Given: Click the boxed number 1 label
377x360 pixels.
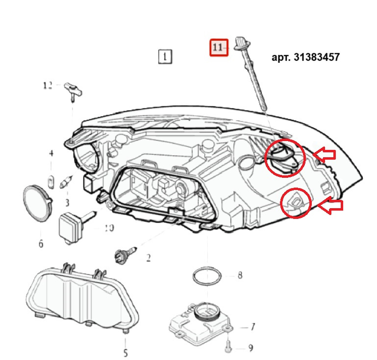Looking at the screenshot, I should pos(165,57).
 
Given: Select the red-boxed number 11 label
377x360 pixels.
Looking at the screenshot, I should pos(219,47).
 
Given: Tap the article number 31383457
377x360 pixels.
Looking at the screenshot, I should pos(305,57).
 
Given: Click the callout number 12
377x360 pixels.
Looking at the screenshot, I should pos(48,86).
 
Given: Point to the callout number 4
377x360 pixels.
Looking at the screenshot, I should pos(50,154).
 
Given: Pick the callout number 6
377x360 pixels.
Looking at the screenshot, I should pos(41,243).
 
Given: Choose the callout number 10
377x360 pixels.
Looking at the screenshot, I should pos(109,228).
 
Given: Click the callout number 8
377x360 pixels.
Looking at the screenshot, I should pos(239,275).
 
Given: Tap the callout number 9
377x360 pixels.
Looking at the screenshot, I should pos(250,348).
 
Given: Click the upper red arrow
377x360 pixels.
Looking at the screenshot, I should pos(325,155).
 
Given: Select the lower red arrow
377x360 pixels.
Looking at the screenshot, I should pos(331,206).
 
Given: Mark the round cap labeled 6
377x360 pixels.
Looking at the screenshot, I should pos(37,201).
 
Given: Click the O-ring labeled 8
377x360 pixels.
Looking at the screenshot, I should pos(206,277).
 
